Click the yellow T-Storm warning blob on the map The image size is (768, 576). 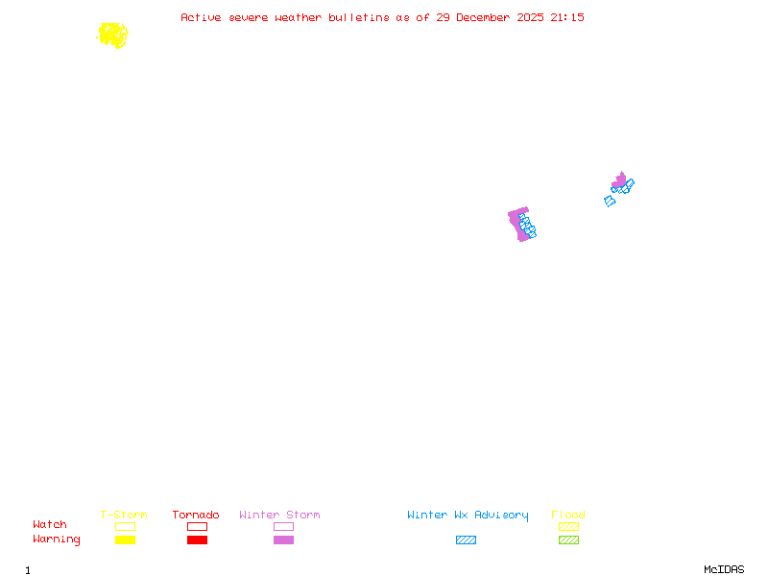(x=113, y=36)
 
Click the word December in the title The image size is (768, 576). (x=483, y=17)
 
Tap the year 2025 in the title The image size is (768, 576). (x=530, y=17)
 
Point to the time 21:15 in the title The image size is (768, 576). (x=567, y=17)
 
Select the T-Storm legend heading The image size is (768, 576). (x=124, y=515)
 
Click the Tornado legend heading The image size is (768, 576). (x=196, y=515)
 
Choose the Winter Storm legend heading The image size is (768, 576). (x=279, y=515)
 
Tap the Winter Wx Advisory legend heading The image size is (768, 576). (x=468, y=516)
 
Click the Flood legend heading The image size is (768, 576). (x=568, y=515)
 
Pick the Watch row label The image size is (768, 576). (x=50, y=524)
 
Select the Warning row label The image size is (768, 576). (x=57, y=540)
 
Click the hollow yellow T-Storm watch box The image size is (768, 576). (x=126, y=526)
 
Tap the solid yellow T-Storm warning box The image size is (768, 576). (x=126, y=540)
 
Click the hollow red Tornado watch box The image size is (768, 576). (x=198, y=526)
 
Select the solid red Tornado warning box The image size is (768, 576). (x=198, y=540)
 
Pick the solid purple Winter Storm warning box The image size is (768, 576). (x=283, y=540)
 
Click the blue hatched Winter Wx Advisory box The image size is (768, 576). (x=466, y=540)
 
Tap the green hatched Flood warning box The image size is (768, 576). (x=568, y=540)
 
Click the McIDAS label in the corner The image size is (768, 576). (x=724, y=569)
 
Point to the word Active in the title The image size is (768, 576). (x=201, y=17)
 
